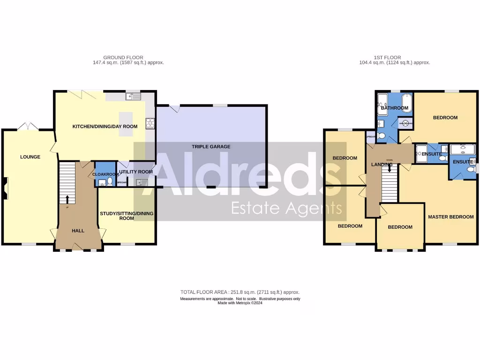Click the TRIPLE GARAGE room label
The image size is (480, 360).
coord(211,147)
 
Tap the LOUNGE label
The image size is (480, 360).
coord(30,157)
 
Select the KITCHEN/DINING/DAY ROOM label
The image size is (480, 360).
coord(105,127)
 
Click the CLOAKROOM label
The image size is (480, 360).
coord(104,174)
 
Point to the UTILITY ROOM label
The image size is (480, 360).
coord(136,172)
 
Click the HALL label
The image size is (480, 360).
coord(78,231)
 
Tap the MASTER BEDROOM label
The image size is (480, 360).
coord(450,217)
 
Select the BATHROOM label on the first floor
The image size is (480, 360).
coord(394,108)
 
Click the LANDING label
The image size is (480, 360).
coord(381,165)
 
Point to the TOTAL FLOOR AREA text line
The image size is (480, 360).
coord(240,292)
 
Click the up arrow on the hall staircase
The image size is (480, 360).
coord(67,199)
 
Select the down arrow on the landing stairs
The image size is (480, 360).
coord(389,167)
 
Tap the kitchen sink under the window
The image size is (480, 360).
coord(134,97)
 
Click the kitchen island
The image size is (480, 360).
coord(126,124)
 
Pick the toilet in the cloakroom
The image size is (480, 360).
coord(110,182)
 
